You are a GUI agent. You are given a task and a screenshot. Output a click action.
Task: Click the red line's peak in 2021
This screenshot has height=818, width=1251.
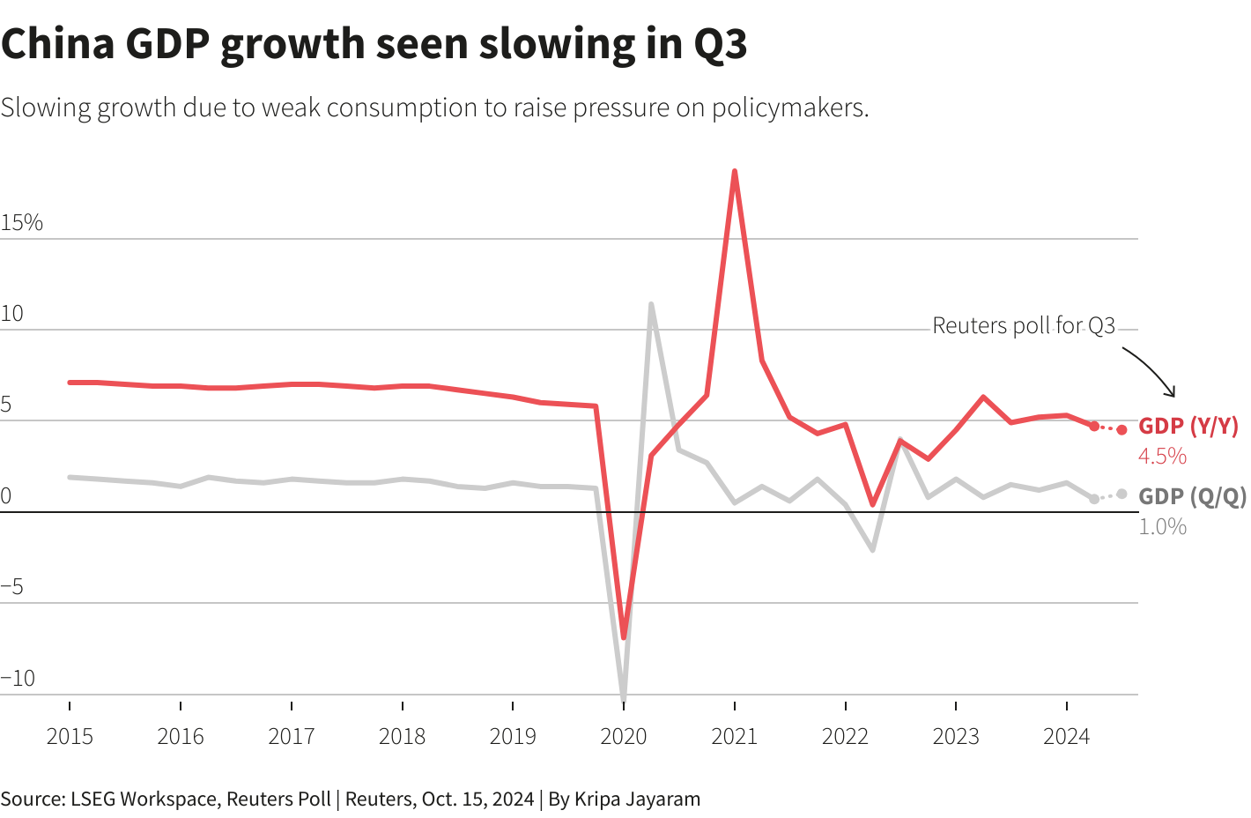point(735,172)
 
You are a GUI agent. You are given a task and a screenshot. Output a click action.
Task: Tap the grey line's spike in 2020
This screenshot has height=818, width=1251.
point(651,305)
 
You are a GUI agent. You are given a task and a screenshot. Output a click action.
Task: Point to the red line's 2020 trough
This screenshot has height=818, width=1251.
point(624,636)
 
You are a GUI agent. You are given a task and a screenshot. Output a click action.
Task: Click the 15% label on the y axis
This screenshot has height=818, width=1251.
point(22,223)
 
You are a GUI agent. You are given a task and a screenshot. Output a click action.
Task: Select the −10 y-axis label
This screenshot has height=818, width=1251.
point(19,678)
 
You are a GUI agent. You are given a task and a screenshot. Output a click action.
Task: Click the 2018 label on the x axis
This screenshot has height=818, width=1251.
point(402,736)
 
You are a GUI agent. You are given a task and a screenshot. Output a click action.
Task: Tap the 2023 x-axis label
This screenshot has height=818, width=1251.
point(956,736)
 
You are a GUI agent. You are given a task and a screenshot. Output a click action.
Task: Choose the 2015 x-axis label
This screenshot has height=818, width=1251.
point(70,736)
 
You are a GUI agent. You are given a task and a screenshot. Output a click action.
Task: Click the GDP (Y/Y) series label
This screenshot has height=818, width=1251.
point(1188,427)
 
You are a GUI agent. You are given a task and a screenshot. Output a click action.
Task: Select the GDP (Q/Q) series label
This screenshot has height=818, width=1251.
point(1193,496)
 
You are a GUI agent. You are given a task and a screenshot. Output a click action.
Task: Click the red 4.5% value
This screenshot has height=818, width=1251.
point(1162,456)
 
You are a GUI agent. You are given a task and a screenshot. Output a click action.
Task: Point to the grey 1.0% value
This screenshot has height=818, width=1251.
point(1162,526)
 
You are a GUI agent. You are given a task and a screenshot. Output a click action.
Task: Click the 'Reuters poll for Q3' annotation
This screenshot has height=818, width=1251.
point(1024,326)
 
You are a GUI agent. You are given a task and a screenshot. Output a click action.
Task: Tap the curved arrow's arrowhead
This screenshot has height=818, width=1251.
point(1172,393)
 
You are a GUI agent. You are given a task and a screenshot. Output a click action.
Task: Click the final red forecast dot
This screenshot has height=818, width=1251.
point(1121,430)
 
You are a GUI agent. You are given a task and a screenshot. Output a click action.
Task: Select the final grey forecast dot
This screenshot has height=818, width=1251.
point(1121,495)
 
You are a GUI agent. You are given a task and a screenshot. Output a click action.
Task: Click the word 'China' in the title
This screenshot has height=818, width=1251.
point(58,44)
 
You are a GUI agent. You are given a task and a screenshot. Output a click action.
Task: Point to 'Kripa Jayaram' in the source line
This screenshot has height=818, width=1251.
point(637,799)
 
